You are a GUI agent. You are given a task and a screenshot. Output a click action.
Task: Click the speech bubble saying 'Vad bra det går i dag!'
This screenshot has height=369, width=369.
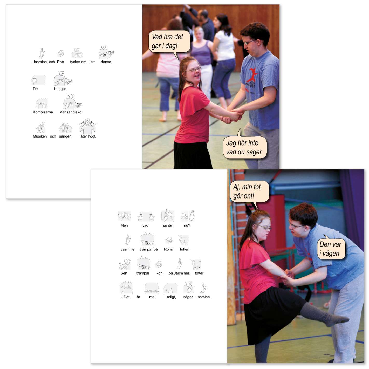point(169,42)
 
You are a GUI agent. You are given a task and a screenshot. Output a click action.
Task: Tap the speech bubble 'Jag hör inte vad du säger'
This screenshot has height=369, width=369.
point(244,147)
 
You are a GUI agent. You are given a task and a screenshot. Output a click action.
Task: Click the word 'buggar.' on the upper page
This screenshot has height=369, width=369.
point(60,89)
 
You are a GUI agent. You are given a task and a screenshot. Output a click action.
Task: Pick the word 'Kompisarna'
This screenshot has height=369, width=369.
point(43,112)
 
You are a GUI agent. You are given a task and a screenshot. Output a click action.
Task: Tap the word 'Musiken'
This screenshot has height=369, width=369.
point(40,136)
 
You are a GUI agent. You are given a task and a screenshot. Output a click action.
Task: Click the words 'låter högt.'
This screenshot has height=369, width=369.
point(88,136)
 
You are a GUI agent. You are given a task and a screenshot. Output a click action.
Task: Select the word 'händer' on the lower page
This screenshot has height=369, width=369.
point(168,225)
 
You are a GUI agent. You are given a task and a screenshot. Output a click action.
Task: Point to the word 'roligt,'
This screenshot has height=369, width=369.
point(171,297)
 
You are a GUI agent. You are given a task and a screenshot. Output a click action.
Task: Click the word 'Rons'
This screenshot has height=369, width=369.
point(168,249)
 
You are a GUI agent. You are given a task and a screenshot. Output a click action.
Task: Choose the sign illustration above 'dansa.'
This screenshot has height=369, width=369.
point(106,52)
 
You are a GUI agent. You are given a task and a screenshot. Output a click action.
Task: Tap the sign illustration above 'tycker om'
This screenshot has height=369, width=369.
point(77,53)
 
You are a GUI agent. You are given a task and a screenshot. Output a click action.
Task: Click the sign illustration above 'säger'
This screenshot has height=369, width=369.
point(189,287)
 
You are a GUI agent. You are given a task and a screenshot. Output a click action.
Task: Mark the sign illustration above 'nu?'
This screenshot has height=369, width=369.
point(187,216)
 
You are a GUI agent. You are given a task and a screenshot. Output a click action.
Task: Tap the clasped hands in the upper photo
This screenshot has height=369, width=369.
point(232,115)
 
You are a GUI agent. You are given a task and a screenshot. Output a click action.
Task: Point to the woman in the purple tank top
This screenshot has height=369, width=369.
point(202,57)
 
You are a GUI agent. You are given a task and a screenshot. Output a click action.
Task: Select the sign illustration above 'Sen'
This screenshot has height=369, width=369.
point(125,264)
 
